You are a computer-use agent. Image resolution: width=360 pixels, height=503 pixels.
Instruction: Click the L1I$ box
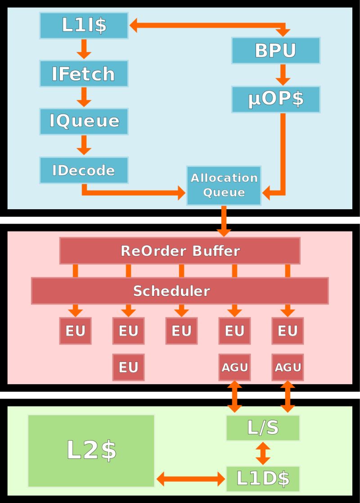(84, 26)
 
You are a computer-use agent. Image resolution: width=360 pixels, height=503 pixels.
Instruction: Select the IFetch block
(84, 74)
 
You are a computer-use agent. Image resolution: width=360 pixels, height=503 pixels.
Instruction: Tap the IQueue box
(84, 121)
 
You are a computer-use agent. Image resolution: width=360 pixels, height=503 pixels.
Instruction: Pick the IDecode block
(84, 170)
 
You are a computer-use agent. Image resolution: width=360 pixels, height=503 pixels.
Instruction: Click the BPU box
(276, 50)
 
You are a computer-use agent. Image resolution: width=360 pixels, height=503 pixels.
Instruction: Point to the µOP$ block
(276, 99)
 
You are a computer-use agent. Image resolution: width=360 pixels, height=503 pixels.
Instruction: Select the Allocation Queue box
(224, 185)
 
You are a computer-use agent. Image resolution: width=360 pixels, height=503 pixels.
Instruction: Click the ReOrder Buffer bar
(180, 251)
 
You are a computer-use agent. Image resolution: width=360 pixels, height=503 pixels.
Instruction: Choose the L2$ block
(91, 450)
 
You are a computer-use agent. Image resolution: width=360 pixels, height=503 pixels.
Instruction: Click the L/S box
(263, 428)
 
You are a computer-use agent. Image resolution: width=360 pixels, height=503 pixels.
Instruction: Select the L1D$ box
(263, 479)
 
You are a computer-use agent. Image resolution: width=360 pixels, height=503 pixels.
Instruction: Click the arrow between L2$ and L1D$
(191, 479)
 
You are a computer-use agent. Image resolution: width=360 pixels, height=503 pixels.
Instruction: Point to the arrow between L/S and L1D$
(263, 454)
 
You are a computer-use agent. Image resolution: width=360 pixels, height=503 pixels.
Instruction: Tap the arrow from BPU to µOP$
(282, 75)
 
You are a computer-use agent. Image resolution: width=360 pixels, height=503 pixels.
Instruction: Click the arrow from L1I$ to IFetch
(84, 49)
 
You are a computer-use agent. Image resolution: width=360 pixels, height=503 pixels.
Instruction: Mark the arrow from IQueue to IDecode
(84, 145)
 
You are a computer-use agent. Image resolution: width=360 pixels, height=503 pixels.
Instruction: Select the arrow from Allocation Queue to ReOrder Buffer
(224, 221)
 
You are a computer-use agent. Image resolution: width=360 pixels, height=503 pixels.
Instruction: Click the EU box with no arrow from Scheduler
(128, 368)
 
